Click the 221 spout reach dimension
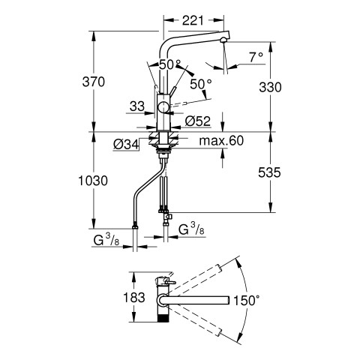[193, 20]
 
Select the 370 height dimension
[94, 82]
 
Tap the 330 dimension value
[270, 87]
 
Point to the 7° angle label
[256, 57]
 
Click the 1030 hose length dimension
[93, 181]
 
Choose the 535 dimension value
[269, 172]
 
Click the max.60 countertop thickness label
[221, 141]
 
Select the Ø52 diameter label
[198, 121]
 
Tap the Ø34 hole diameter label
[126, 145]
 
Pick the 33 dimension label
[137, 106]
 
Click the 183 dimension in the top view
[134, 298]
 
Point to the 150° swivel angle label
[247, 300]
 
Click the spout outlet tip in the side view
[223, 40]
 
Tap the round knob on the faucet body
[163, 107]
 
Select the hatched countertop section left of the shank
[153, 138]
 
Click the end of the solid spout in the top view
[228, 300]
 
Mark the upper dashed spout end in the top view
[218, 268]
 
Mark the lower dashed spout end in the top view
[219, 332]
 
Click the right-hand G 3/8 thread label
[191, 229]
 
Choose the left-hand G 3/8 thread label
[106, 240]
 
